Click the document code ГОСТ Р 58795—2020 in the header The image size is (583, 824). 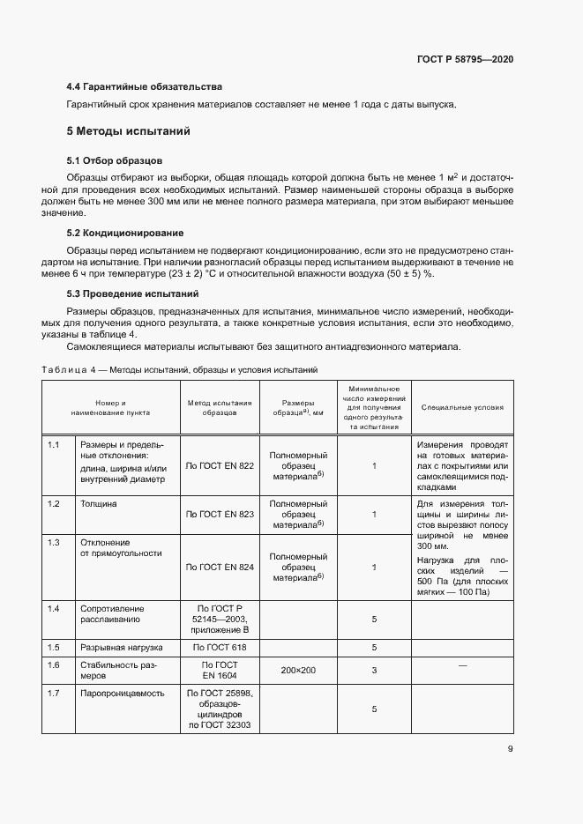(464, 59)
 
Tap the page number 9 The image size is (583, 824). (511, 749)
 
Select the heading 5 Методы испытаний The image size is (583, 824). (129, 131)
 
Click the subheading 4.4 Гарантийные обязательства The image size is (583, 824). (144, 86)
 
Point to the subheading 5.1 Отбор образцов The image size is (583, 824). (114, 161)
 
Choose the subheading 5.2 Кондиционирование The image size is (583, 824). (124, 233)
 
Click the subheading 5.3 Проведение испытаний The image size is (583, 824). (132, 293)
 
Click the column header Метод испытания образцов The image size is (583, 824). (220, 407)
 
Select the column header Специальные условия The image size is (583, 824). (462, 407)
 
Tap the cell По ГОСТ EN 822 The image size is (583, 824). (220, 465)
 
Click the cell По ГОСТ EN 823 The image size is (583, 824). (220, 514)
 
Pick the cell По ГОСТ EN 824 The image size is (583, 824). (220, 567)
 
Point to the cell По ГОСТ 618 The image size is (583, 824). (220, 648)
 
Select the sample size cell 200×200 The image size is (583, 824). (298, 671)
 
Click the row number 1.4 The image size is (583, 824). (54, 609)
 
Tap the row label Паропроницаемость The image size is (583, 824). (122, 693)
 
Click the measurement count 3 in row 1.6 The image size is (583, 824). (374, 671)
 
